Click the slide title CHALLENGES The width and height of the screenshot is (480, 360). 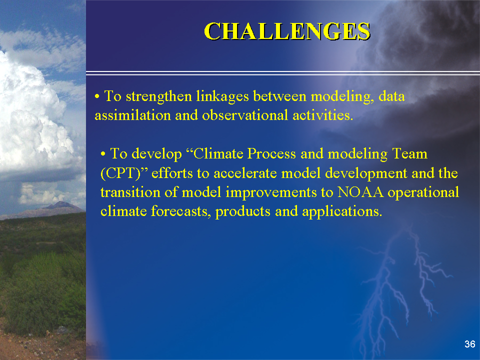pyautogui.click(x=287, y=31)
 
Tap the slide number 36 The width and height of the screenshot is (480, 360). pyautogui.click(x=469, y=344)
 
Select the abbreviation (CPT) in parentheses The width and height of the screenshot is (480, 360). pyautogui.click(x=120, y=173)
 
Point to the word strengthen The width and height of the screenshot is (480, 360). pyautogui.click(x=159, y=96)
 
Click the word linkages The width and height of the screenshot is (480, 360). pyautogui.click(x=222, y=96)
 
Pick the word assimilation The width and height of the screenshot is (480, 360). pyautogui.click(x=133, y=115)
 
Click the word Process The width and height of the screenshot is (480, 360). pyautogui.click(x=271, y=153)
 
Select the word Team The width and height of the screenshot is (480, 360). pyautogui.click(x=409, y=153)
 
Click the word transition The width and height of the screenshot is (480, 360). pyautogui.click(x=130, y=192)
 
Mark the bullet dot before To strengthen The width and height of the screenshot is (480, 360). pyautogui.click(x=97, y=96)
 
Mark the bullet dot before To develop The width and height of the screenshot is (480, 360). pyautogui.click(x=103, y=154)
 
